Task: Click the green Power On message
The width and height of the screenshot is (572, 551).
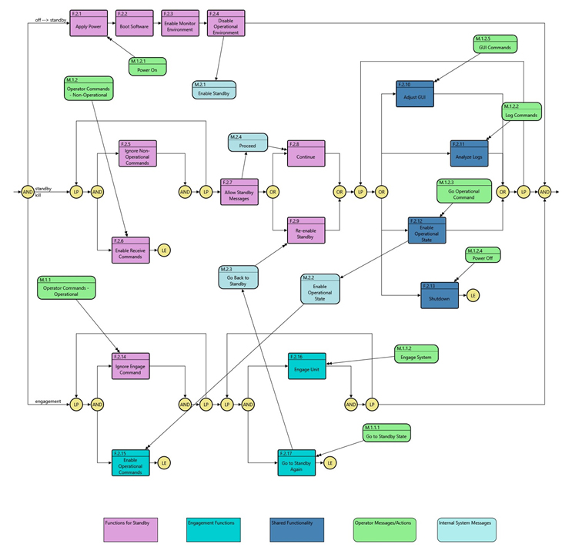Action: coord(147,66)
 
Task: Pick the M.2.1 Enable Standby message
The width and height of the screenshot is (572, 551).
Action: coord(214,89)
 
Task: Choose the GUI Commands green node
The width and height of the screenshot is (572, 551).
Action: coord(495,44)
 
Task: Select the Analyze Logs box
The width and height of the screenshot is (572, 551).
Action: coord(469,153)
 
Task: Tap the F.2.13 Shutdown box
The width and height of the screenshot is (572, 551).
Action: coord(440,295)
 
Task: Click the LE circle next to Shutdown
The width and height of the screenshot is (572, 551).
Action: coord(473,295)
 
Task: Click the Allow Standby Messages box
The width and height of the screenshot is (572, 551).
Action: coord(239,191)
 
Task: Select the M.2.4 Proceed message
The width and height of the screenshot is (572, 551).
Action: coord(247,143)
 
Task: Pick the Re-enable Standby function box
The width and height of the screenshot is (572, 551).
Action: coord(306,230)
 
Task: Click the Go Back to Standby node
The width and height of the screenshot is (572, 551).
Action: coord(237,277)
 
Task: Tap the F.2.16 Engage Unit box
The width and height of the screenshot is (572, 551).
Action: coord(307,365)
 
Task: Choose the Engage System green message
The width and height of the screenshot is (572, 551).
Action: coord(416,354)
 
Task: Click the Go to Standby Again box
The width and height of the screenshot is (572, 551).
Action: coord(296,462)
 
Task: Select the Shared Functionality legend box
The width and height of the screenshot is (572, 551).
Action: coord(296,530)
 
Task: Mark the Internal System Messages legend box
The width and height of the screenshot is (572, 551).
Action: coord(467,530)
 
